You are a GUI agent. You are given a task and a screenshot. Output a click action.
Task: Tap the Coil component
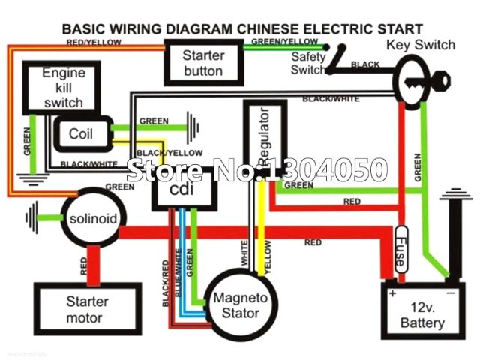[x=80, y=134]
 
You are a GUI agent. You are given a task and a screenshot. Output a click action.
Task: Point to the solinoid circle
[x=92, y=219]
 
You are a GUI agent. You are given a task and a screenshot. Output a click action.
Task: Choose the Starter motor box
[x=87, y=309]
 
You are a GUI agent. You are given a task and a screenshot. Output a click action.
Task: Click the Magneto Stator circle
[x=236, y=305]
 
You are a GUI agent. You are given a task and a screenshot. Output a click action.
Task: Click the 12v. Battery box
[x=422, y=316]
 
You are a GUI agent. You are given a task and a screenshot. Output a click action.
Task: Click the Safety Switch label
[x=309, y=62]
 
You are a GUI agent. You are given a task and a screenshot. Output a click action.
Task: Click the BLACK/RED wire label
[x=165, y=282]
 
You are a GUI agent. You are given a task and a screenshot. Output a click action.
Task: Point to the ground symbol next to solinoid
[x=32, y=218]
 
